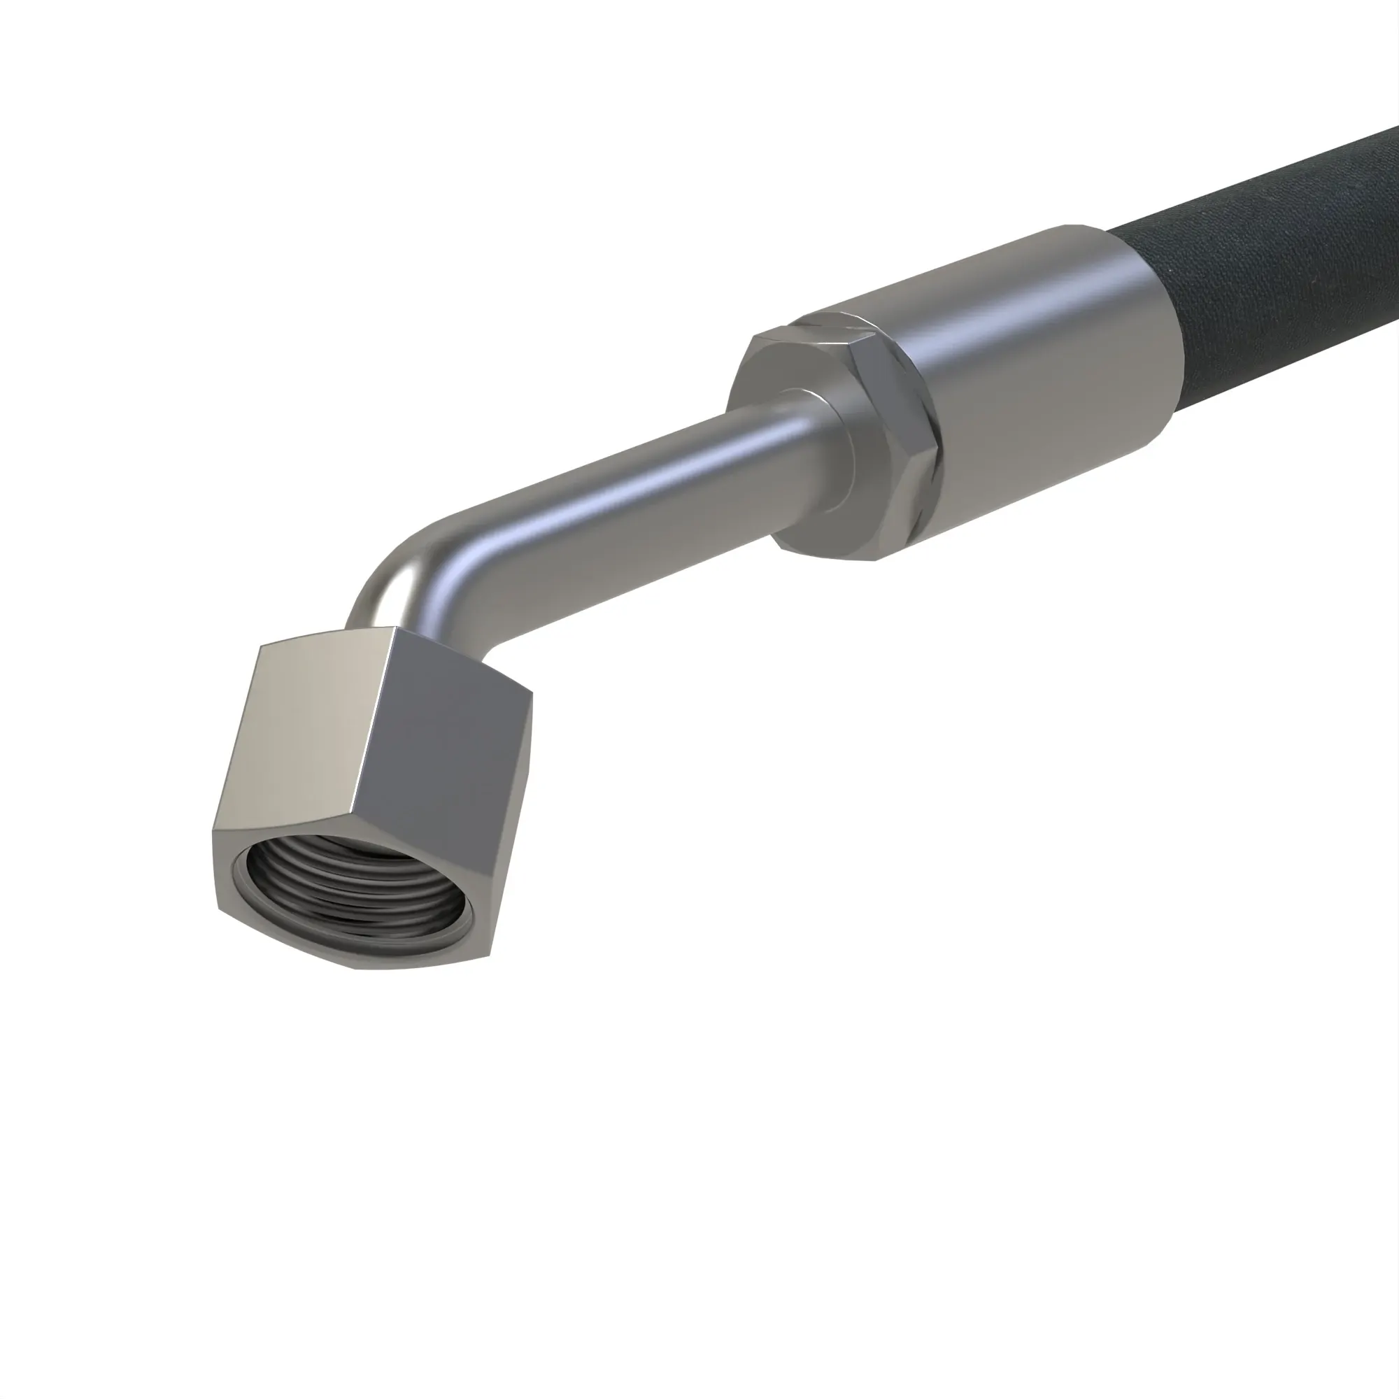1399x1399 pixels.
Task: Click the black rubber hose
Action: pos(1274,261)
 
